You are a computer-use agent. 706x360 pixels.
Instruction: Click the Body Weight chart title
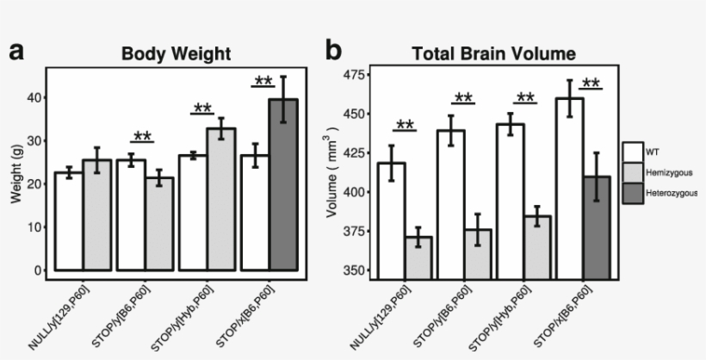click(176, 53)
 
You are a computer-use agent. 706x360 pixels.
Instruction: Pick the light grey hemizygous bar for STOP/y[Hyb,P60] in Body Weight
click(226, 198)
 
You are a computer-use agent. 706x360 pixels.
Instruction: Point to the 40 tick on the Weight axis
click(35, 97)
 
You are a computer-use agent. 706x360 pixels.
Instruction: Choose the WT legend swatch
click(634, 151)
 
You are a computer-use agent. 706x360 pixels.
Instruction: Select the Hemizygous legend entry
click(667, 172)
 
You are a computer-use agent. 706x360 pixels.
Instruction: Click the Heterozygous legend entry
click(671, 193)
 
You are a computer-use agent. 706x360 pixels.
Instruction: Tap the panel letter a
click(16, 52)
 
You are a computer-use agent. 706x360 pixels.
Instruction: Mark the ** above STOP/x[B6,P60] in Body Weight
click(263, 82)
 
